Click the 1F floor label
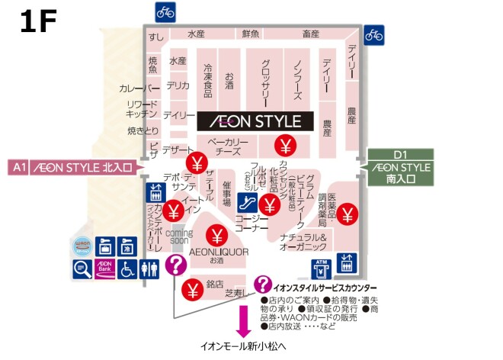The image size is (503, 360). coord(38,22)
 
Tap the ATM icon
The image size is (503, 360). coord(321,268)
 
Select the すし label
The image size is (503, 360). coord(157,37)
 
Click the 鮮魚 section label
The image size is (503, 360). coord(251,34)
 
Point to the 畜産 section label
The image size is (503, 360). coord(310,34)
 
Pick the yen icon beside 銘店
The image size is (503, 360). coord(191,288)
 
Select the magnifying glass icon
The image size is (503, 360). coord(82,268)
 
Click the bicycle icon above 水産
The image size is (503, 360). coord(165,11)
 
